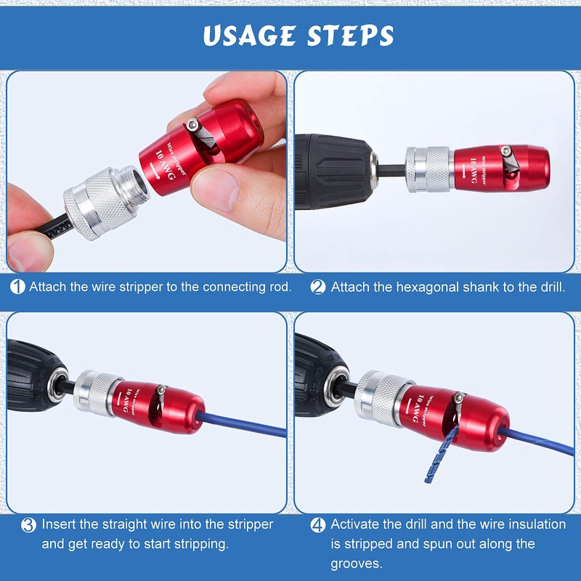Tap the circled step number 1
17,287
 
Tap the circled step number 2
317,287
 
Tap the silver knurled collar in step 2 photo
429,168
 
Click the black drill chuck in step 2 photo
334,170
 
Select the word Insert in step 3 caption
57,524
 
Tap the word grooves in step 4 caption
357,564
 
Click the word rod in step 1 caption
282,287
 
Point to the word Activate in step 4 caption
356,524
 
